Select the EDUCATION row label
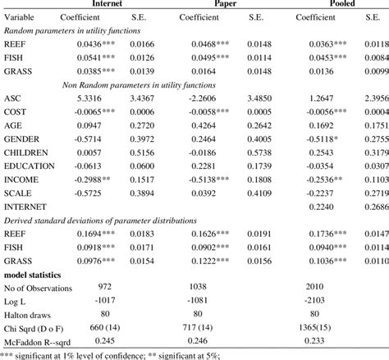click(30, 166)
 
